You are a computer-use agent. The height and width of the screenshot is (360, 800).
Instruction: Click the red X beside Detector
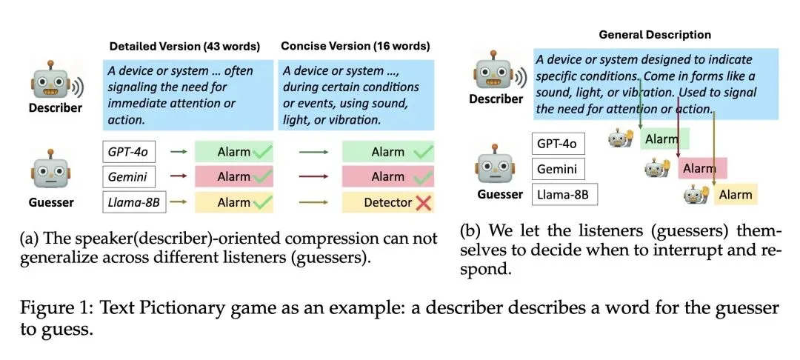click(424, 201)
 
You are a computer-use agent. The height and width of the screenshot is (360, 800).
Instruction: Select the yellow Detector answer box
click(388, 201)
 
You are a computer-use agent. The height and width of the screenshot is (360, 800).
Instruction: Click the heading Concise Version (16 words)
click(355, 46)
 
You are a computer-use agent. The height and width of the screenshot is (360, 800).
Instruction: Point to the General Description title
click(654, 34)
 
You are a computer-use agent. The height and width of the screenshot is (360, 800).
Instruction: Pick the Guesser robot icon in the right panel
click(494, 161)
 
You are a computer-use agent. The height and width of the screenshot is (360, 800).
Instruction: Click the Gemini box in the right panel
click(559, 168)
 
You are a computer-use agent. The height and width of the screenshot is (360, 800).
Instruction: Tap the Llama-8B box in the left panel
click(134, 201)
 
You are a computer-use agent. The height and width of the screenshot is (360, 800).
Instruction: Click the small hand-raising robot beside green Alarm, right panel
click(621, 139)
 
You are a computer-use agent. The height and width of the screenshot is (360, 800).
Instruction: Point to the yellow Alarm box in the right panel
click(735, 195)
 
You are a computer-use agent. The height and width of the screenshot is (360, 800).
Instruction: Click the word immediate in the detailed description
click(141, 102)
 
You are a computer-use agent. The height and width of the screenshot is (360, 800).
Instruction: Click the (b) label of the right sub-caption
click(470, 230)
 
